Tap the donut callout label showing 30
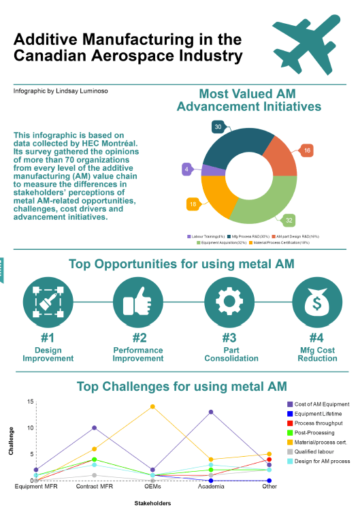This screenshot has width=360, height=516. click(x=218, y=127)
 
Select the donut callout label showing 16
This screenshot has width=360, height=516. click(x=307, y=150)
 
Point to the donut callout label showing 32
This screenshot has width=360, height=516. click(x=290, y=220)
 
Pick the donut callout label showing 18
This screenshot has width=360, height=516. click(x=193, y=204)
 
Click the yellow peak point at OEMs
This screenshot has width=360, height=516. click(x=152, y=406)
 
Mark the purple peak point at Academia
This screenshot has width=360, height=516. click(x=211, y=412)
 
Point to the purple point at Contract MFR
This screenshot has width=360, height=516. click(x=94, y=428)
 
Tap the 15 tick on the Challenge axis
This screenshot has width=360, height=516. click(x=31, y=402)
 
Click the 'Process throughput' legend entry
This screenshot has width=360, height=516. click(x=318, y=423)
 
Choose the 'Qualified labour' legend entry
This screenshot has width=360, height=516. click(x=315, y=451)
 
